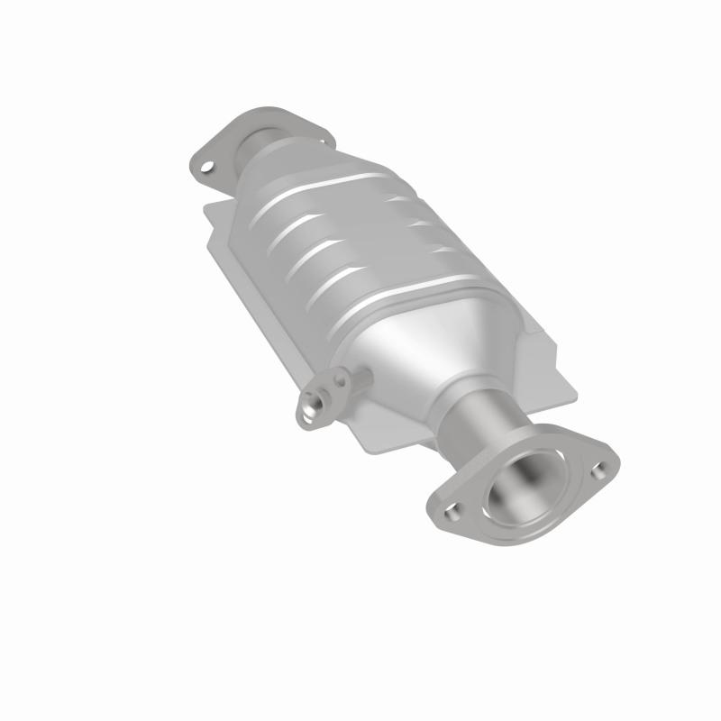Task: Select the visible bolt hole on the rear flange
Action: [x=208, y=167]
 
